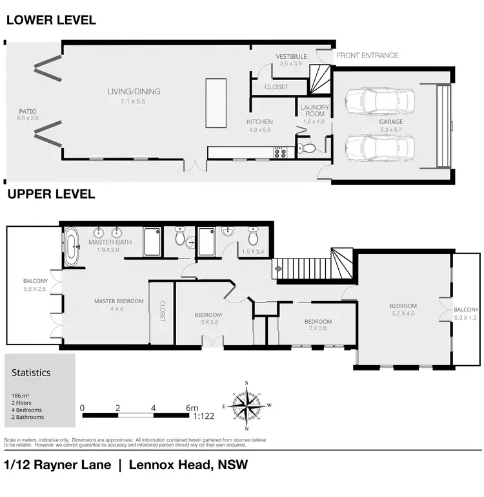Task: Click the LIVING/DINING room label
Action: point(134,92)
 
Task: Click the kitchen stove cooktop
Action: point(280,153)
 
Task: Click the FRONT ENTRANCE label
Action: point(367,56)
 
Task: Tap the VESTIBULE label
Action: point(290,57)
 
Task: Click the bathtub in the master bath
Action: point(72,246)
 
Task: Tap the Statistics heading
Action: point(31,372)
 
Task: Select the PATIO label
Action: point(28,111)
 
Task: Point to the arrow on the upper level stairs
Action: point(279,264)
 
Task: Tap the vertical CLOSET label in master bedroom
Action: point(163,311)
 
